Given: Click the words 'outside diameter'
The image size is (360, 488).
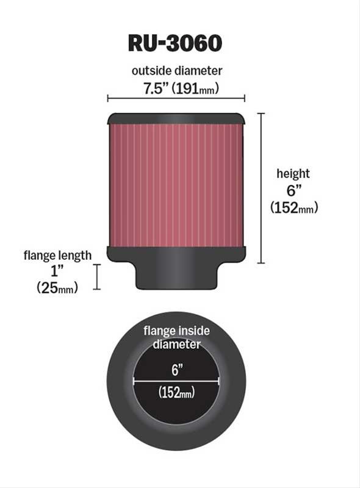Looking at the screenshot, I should tap(177, 71).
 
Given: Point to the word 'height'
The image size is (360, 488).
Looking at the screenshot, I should tap(293, 174).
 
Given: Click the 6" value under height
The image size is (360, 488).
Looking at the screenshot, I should tap(293, 190).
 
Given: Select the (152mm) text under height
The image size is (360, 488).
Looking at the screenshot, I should tap(293, 208).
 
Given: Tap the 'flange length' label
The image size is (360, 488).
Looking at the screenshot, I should tap(57, 255).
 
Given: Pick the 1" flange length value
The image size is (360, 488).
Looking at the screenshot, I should tap(57, 271).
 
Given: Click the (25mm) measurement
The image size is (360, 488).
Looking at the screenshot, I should tap(57, 288).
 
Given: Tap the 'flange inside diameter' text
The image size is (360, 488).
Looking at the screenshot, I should tap(176, 337).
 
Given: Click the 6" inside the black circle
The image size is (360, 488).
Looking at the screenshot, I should tap(176, 370).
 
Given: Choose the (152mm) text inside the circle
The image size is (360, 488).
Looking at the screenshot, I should tap(176, 393).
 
